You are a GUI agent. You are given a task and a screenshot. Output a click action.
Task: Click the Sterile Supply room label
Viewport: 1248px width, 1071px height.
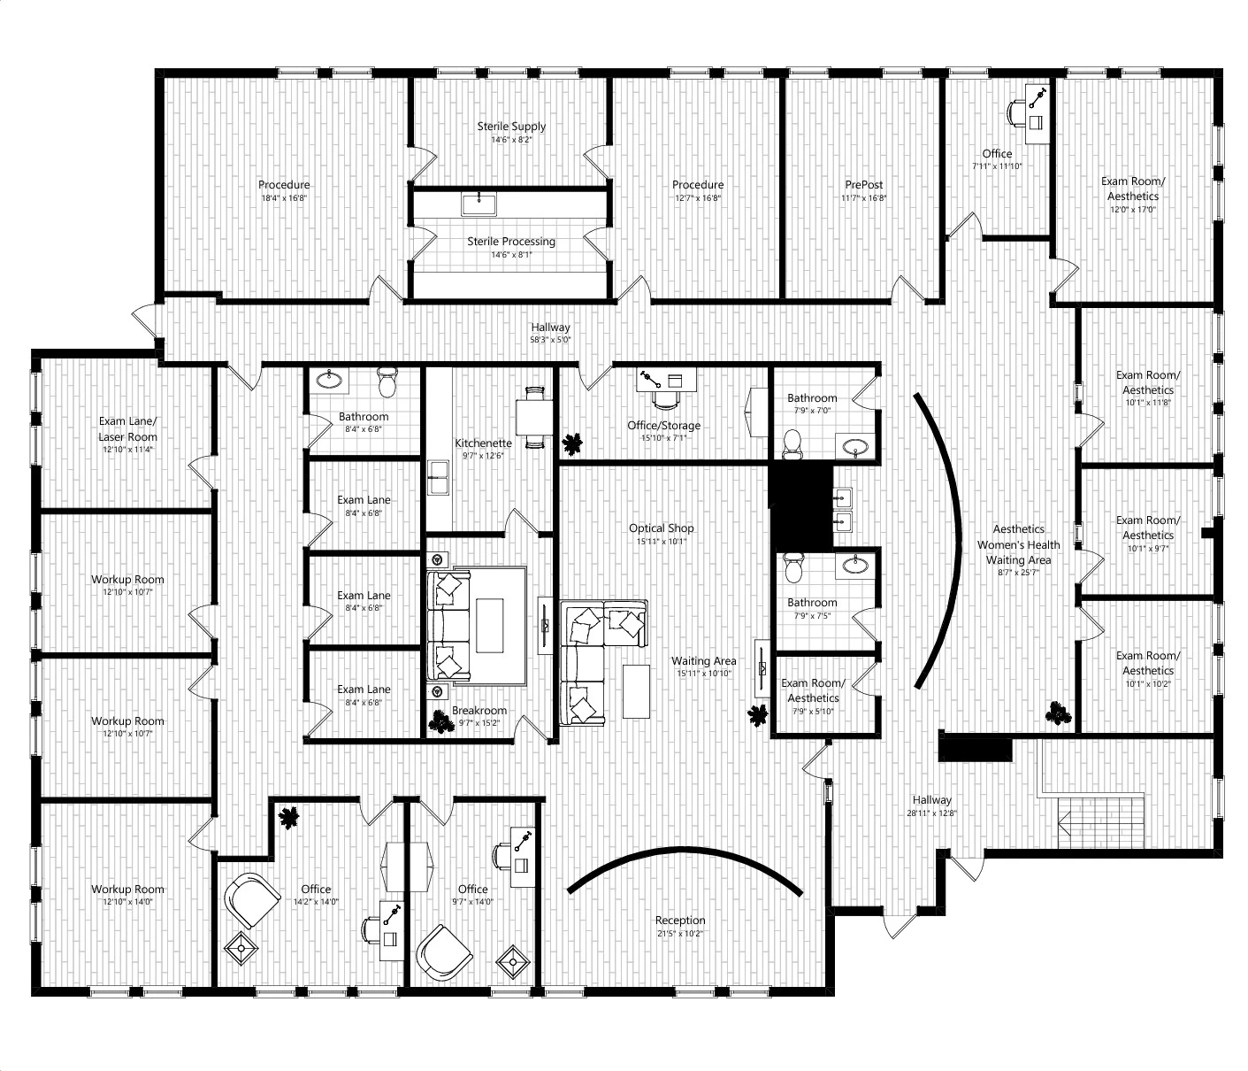point(511,127)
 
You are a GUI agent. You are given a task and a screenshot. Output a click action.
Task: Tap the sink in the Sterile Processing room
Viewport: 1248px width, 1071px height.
point(479,204)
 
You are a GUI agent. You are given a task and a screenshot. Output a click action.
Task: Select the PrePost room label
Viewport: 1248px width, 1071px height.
point(863,185)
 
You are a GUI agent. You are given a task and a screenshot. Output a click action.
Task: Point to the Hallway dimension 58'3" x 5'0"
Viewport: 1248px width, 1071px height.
point(550,340)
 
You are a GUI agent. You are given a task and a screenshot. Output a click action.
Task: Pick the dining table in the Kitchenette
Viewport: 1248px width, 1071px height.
point(533,416)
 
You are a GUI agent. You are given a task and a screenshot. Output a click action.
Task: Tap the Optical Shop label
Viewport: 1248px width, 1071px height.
point(661,528)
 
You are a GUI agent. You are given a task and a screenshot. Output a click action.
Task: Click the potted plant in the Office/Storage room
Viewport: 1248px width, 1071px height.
point(572,443)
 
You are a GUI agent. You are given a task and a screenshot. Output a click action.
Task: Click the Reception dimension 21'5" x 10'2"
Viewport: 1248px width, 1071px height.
point(680,933)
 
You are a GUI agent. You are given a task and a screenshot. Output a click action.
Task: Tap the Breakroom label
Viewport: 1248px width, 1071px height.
point(479,711)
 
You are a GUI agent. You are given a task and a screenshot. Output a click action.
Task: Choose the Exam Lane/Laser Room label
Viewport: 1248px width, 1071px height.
point(127,428)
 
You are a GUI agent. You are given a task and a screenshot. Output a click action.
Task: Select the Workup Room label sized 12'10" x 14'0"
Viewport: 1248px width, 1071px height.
point(127,889)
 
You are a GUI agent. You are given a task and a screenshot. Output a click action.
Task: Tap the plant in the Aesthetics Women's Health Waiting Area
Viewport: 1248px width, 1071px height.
point(1058,713)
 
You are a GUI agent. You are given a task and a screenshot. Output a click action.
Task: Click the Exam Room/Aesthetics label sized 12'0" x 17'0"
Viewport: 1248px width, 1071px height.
point(1132,189)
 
